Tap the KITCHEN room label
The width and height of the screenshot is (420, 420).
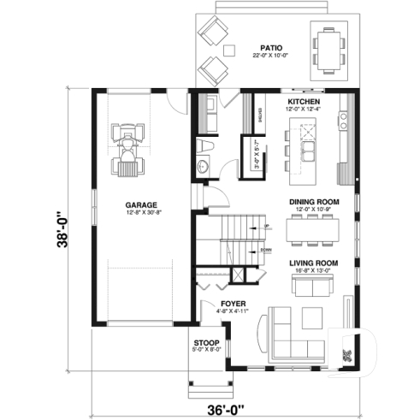pos(305,101)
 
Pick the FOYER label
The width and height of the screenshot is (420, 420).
pos(233,304)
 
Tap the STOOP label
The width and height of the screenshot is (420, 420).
pos(206,342)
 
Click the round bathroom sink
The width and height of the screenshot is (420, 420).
pos(203,165)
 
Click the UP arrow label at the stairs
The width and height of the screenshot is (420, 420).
pos(266,227)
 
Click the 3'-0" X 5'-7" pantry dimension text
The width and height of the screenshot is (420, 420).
pos(257,157)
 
